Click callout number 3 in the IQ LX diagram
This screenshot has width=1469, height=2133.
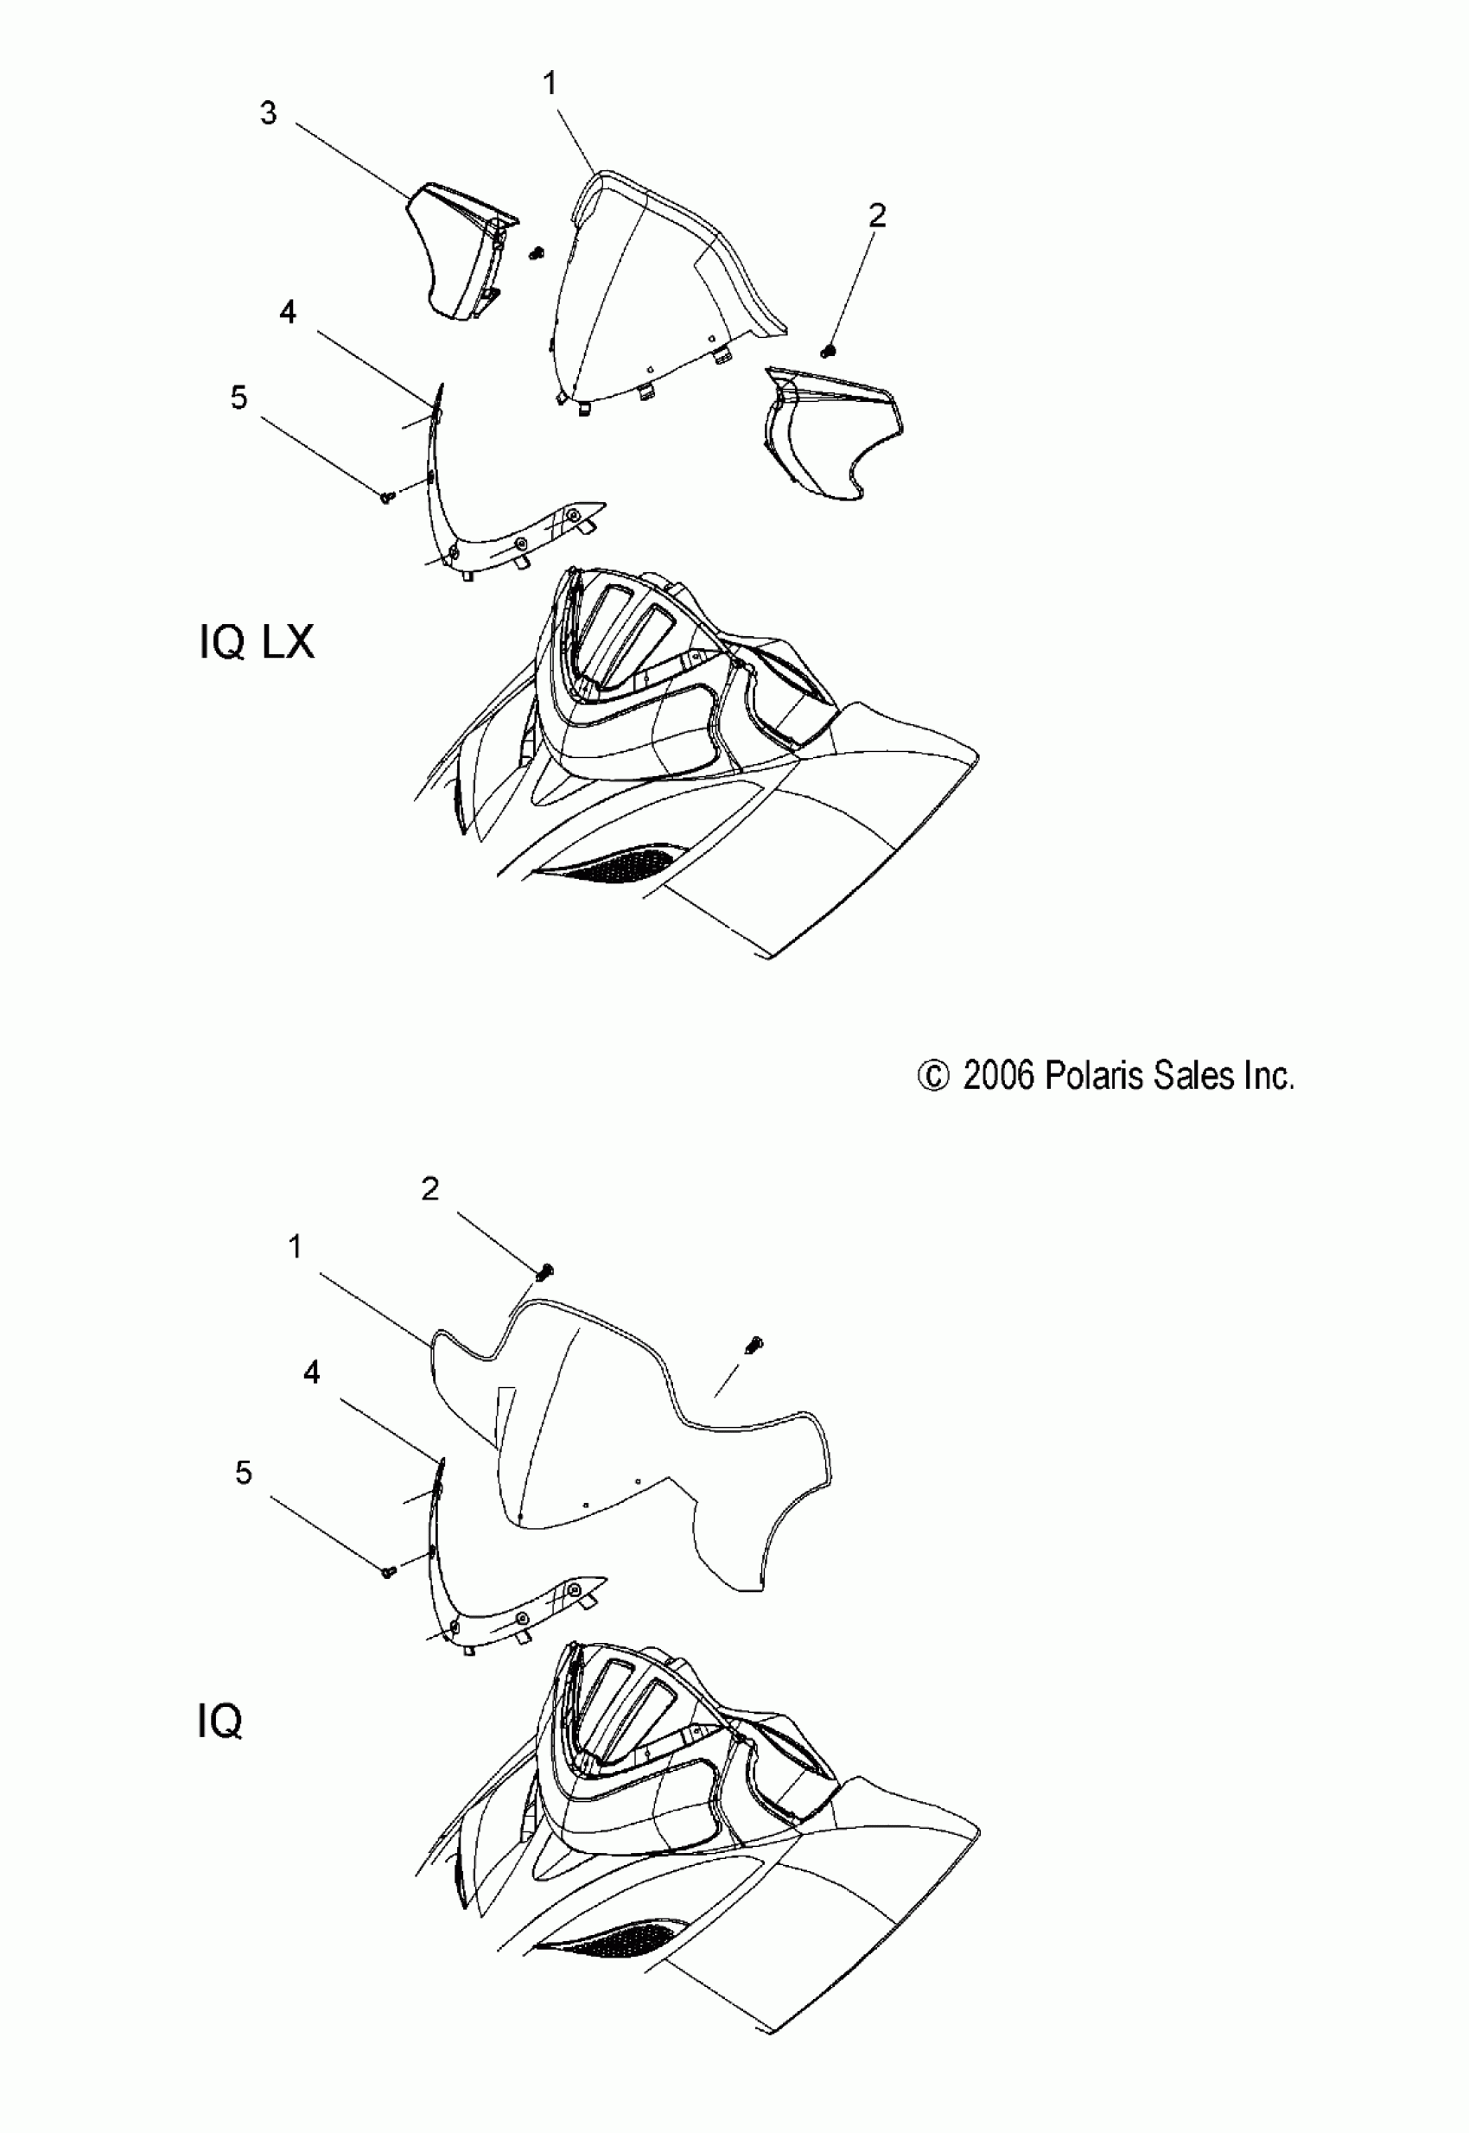click(268, 114)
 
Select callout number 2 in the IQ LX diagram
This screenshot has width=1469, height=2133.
click(876, 216)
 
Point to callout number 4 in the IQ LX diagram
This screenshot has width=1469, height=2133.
click(287, 313)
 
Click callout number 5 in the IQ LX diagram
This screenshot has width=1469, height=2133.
click(239, 398)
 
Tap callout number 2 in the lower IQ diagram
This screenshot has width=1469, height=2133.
click(429, 1189)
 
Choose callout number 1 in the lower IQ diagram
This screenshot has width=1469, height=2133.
click(296, 1246)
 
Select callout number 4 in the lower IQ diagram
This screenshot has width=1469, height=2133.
click(311, 1372)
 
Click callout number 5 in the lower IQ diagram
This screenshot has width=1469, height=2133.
click(243, 1472)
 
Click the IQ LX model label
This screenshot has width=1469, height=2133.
click(257, 641)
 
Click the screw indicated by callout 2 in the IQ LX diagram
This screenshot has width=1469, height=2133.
click(827, 351)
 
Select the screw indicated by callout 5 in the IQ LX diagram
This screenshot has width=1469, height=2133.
click(386, 497)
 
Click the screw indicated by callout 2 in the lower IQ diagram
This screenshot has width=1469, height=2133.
click(545, 1272)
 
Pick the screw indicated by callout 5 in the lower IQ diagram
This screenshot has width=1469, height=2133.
click(387, 1572)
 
